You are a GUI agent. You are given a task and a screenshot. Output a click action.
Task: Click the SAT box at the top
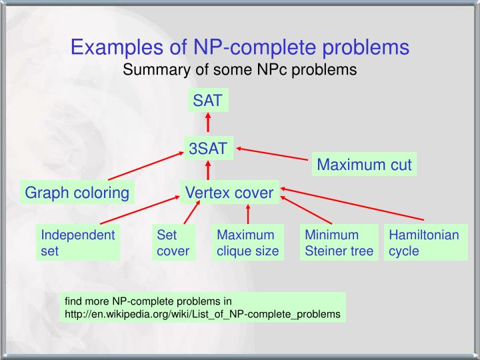(208, 101)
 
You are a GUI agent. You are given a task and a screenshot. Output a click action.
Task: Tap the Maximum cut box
(364, 164)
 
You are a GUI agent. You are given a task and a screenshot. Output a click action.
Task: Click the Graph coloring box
(77, 193)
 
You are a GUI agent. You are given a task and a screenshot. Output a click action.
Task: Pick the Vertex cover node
(229, 193)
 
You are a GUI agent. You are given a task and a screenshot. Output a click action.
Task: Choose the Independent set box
(78, 243)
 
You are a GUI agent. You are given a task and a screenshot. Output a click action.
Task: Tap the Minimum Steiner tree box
(339, 243)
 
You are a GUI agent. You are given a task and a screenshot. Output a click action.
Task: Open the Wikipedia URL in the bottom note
(201, 313)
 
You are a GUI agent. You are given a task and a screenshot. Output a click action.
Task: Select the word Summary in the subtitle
(149, 69)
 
